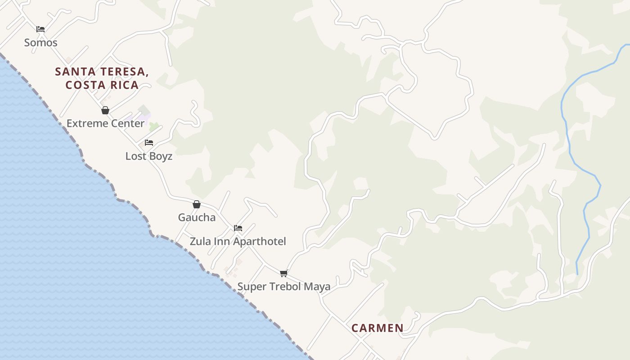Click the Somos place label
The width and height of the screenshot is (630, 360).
(40, 43)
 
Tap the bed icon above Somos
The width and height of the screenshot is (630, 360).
(40, 29)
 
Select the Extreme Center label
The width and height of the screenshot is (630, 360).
(105, 123)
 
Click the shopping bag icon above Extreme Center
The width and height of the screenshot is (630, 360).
(105, 110)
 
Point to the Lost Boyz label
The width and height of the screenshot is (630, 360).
(148, 156)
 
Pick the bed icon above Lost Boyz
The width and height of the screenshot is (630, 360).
(149, 143)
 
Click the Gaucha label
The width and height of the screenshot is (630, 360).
(197, 217)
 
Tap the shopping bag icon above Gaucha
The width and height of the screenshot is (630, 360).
(197, 204)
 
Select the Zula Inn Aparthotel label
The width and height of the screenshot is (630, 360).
(238, 241)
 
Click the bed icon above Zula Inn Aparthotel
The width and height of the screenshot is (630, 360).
(238, 228)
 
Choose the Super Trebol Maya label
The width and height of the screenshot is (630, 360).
(283, 286)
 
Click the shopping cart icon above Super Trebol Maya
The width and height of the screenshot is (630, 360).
(284, 273)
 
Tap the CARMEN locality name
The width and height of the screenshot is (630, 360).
(377, 328)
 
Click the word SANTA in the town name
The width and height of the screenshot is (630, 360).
(75, 72)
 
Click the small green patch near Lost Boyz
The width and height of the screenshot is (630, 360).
(154, 126)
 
